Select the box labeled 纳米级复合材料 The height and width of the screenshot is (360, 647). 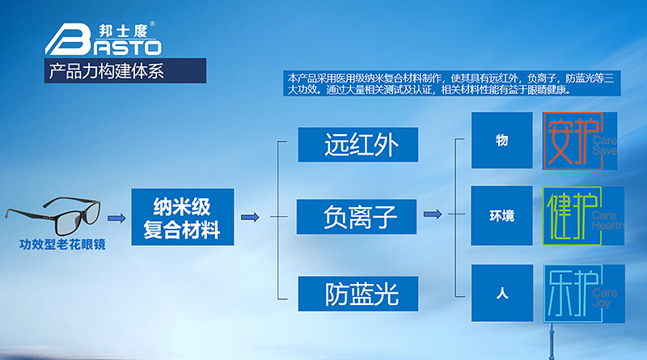[182, 217]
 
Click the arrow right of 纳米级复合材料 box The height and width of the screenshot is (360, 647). [250, 217]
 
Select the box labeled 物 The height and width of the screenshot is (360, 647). [502, 141]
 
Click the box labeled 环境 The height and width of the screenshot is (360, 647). [502, 217]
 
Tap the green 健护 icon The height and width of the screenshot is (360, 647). [573, 217]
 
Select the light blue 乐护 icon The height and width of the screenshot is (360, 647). [573, 291]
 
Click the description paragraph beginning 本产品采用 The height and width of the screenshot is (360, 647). [453, 84]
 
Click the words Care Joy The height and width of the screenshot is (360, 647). [604, 298]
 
